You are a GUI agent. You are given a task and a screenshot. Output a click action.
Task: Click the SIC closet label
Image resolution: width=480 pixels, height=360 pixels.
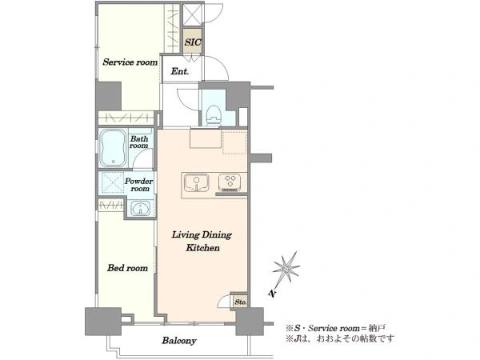coord(193,42)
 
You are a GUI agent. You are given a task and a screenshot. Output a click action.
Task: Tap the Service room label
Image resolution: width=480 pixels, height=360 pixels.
coord(130,62)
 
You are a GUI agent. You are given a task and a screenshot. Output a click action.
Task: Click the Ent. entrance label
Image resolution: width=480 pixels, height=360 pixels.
coord(180,72)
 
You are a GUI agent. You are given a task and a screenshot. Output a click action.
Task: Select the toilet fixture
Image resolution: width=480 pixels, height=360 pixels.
coord(214,114)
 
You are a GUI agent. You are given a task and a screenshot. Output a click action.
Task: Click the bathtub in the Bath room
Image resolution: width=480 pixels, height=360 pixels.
coord(114,148)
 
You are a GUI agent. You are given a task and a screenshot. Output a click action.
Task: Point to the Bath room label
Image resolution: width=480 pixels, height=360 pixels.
coord(139,142)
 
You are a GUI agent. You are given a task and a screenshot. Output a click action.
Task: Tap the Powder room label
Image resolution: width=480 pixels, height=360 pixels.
coord(138,185)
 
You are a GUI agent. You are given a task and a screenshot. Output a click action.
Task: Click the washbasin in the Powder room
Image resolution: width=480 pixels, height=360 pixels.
coord(141,209)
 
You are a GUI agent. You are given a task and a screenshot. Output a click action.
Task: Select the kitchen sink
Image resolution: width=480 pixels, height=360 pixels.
coord(197,182)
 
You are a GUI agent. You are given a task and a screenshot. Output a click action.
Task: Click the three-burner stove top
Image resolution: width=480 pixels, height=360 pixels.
coord(230,182)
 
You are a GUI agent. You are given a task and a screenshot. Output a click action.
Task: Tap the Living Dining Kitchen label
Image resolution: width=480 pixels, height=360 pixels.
coord(202,242)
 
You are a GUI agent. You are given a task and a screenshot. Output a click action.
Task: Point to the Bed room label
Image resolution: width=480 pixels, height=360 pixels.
coord(127,268)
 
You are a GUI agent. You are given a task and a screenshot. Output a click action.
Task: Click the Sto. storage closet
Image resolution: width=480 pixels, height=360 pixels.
coord(240,302)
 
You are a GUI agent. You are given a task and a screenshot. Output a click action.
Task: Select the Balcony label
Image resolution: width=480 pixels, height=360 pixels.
coord(179,341)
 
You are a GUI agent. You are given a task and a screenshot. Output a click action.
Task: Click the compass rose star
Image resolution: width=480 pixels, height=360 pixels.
coord(286,268)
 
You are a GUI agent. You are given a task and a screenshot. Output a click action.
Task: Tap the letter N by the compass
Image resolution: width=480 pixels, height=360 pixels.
coord(271,294)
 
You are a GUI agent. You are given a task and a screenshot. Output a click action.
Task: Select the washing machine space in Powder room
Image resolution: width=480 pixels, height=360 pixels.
coord(113,183)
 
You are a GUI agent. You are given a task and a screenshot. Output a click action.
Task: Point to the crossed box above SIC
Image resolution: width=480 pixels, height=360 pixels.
coord(193,14)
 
